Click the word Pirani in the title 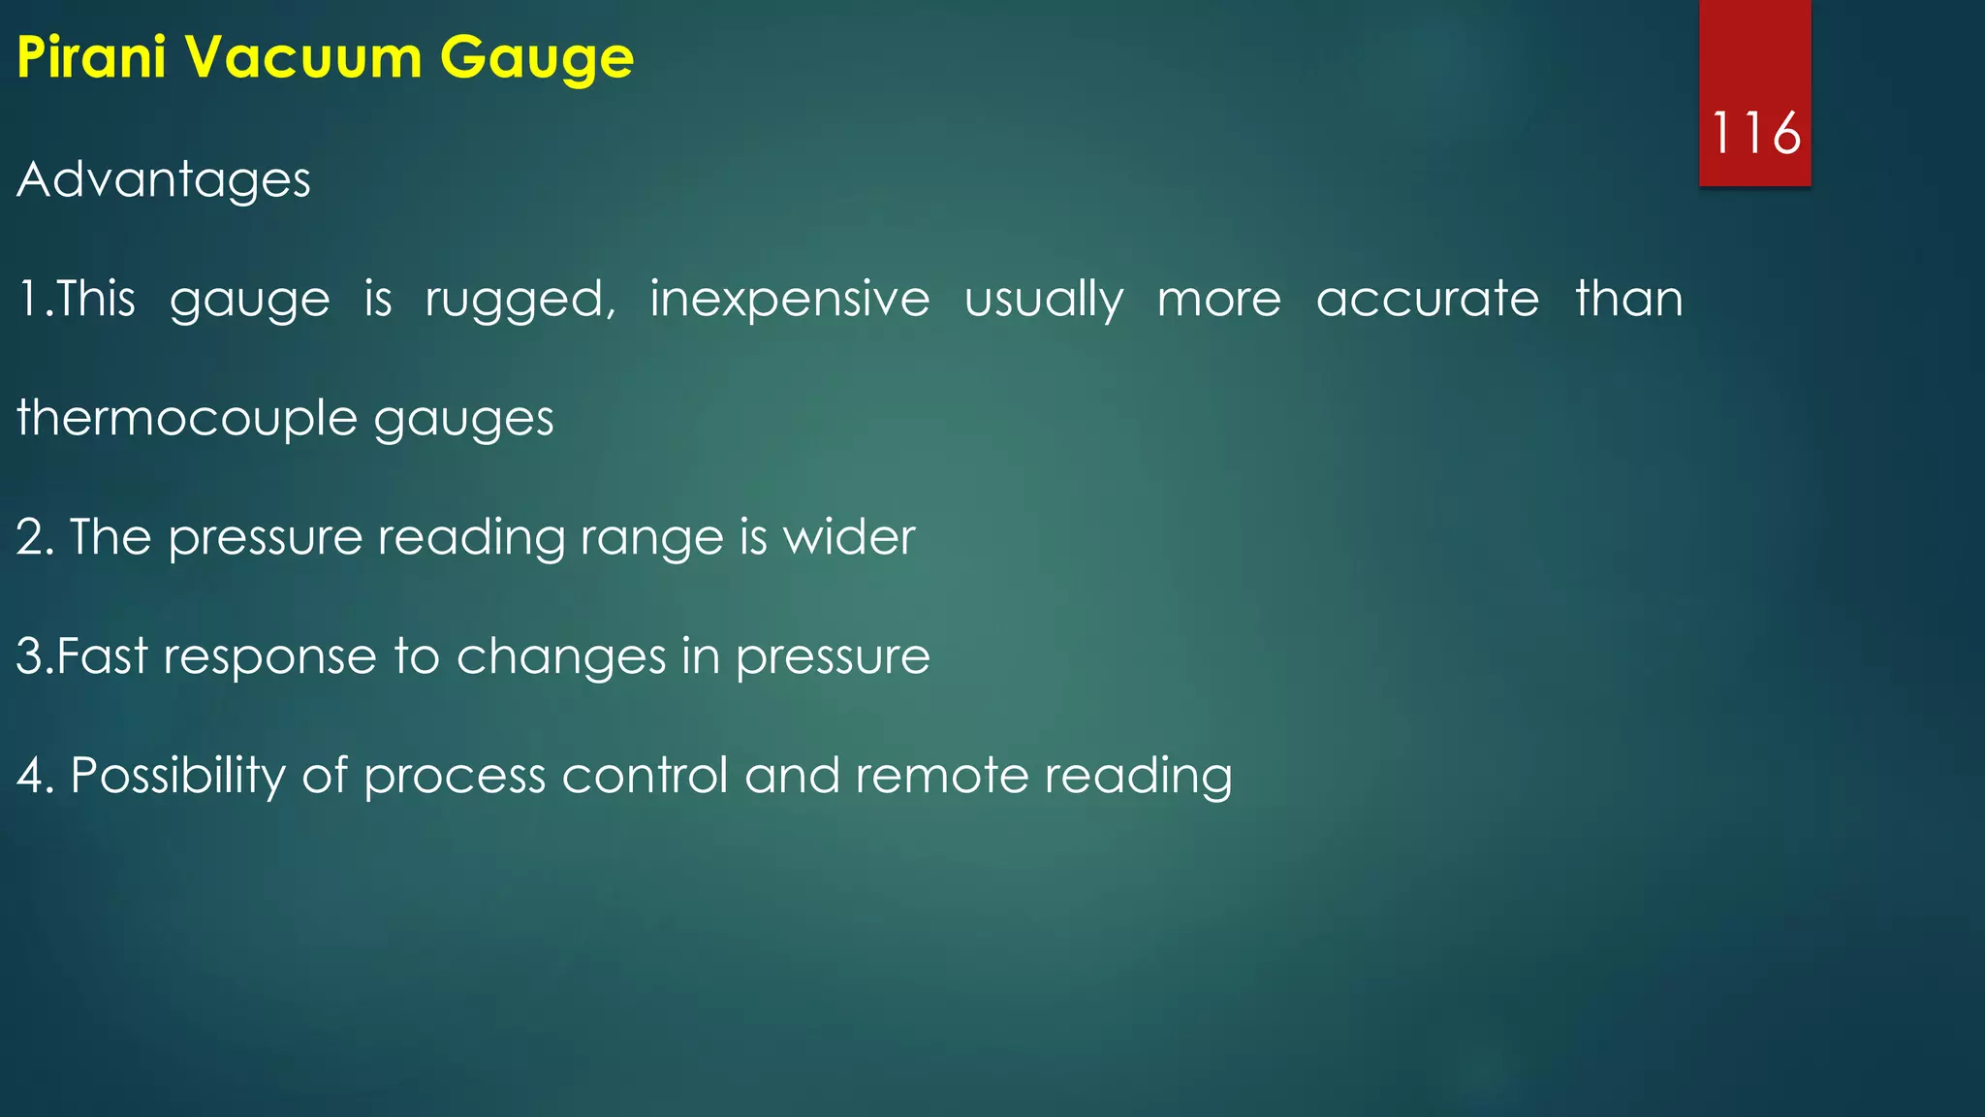pos(92,57)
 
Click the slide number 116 pos(1755,133)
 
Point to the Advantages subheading pos(164,181)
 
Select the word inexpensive pos(789,301)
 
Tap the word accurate pos(1427,299)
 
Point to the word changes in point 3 pos(561,658)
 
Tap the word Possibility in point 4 pos(178,777)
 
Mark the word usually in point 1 pos(1043,301)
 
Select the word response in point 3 pos(269,658)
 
